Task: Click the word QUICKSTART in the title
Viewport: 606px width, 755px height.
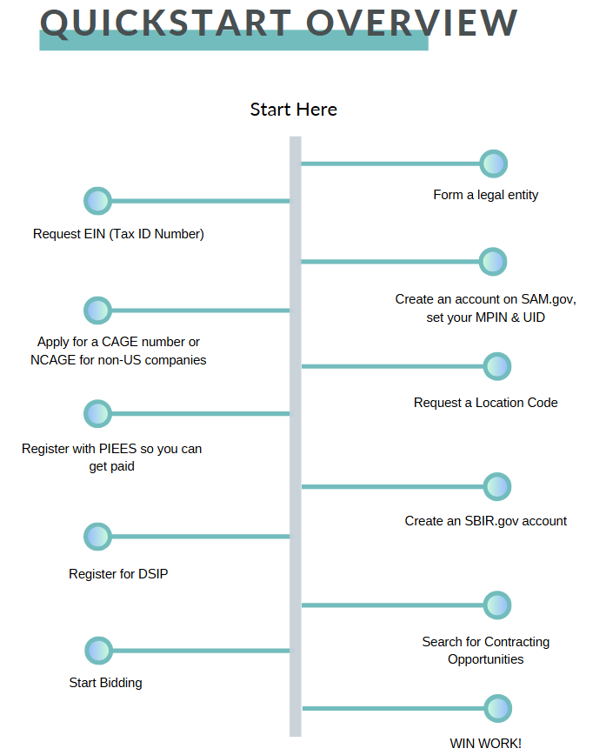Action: [x=166, y=23]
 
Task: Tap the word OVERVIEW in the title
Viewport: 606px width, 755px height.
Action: [x=412, y=23]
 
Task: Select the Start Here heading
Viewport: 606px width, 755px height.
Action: [x=294, y=110]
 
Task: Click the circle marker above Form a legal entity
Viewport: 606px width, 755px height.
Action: [x=493, y=164]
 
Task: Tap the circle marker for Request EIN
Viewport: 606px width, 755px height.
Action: [x=97, y=201]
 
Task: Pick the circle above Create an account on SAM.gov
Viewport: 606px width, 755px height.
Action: [x=493, y=262]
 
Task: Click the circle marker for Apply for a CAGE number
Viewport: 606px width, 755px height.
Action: [x=97, y=311]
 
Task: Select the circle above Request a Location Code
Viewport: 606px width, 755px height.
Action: [x=497, y=366]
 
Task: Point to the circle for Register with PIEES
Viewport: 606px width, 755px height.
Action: [x=97, y=414]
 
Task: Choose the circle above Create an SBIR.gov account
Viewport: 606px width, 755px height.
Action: [x=497, y=487]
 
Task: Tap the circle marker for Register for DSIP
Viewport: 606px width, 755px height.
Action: [x=97, y=537]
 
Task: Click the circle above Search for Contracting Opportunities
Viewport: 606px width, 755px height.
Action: [x=497, y=605]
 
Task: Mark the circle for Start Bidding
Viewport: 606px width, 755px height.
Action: [x=98, y=651]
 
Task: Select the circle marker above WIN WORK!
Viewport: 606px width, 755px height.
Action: [x=497, y=708]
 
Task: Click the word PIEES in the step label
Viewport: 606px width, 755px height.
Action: [x=117, y=449]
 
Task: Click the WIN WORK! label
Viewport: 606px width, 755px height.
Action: [x=486, y=744]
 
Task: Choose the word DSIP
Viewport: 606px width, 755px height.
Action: [x=153, y=574]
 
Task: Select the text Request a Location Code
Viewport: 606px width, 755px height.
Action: [x=486, y=403]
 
